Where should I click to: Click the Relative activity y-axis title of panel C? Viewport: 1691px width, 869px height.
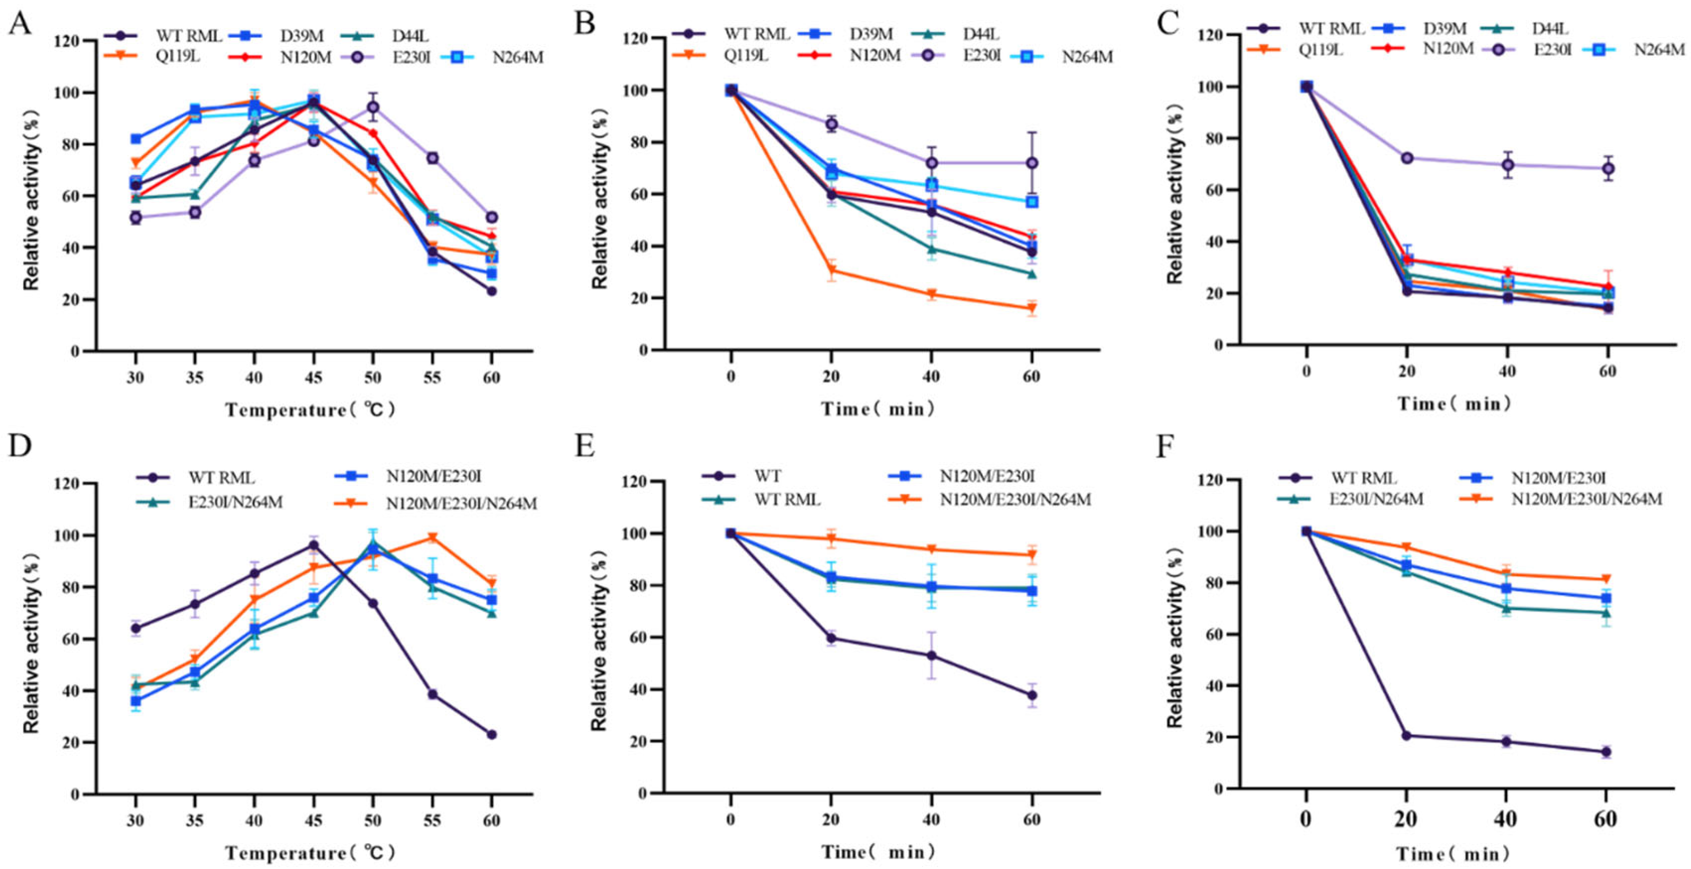click(1174, 190)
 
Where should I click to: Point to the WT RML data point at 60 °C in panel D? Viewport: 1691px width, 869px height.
click(492, 734)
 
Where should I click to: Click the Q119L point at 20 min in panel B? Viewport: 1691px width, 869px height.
click(831, 271)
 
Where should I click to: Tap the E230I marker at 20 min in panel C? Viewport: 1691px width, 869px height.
click(1407, 158)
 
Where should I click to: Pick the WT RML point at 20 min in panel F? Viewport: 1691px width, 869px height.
click(1407, 736)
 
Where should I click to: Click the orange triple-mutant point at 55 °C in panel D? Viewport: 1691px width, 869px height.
click(432, 538)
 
